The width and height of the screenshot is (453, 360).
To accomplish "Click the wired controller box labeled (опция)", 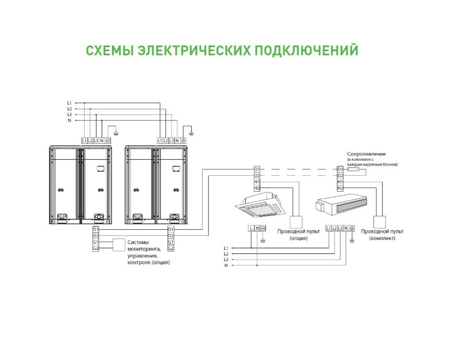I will (296, 222).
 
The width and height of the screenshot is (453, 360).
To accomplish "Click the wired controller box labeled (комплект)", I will (379, 222).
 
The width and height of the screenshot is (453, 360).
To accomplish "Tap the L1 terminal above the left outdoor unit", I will (84, 141).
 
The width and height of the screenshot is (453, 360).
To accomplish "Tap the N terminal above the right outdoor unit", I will (177, 141).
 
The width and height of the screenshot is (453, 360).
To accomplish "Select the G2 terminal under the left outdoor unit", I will (96, 249).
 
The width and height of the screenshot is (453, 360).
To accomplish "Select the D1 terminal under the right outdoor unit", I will (171, 230).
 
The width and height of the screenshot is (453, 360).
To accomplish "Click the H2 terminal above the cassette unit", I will (257, 188).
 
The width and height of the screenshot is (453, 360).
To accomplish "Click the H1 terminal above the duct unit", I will (340, 182).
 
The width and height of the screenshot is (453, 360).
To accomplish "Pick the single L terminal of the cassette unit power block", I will (251, 228).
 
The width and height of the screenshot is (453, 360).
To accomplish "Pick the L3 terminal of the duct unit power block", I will (340, 228).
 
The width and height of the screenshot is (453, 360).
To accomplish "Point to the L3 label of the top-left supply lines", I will (69, 115).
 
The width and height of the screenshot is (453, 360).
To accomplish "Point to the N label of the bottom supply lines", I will (226, 265).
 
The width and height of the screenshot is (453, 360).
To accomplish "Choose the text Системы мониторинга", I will (144, 245).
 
